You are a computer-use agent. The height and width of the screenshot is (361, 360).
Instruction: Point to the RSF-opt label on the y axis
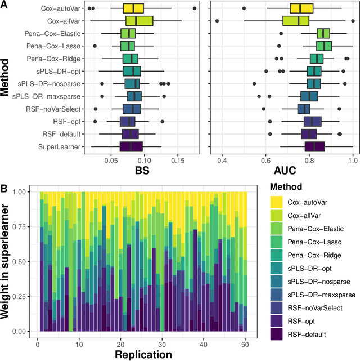[x=70, y=121]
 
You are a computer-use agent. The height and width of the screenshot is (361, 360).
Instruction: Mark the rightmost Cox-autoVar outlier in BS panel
[x=195, y=8]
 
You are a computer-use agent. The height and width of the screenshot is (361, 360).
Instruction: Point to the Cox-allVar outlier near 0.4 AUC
[x=217, y=21]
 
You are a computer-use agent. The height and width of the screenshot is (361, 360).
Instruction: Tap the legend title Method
[x=286, y=186]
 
